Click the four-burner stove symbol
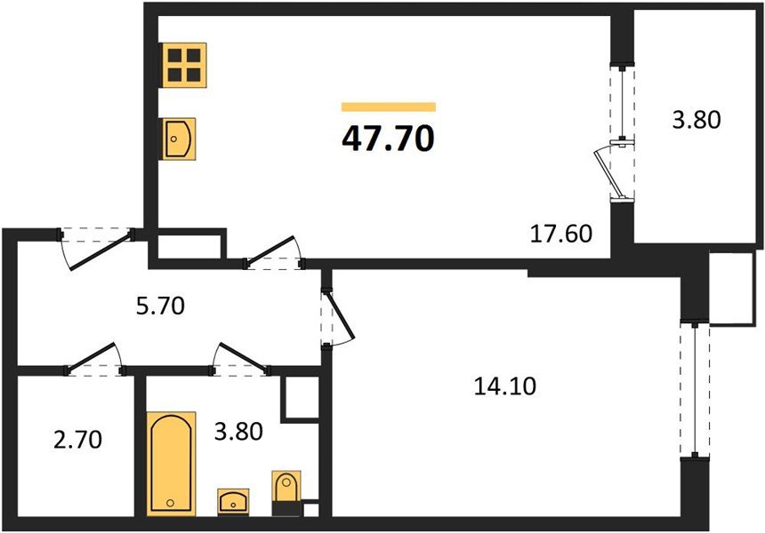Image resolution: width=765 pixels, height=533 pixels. coord(184,64)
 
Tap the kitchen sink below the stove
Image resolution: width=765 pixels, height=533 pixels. coord(181,139)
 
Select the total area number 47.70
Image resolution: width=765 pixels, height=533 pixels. coord(388,139)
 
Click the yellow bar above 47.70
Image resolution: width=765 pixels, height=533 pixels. coord(388,107)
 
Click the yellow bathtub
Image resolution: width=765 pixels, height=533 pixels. coord(173,462)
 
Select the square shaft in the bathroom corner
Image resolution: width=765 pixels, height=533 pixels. coord(300,397)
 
